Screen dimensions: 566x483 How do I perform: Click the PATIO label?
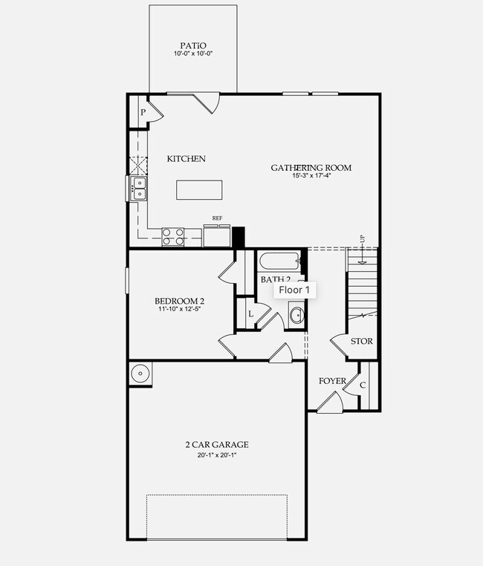(x=193, y=44)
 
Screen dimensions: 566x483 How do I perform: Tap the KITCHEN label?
(x=186, y=159)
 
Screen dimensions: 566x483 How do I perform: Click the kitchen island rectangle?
(x=201, y=189)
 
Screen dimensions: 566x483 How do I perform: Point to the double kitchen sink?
(x=139, y=189)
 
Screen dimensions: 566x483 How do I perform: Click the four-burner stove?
(x=173, y=236)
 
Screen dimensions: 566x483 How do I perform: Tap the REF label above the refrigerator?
(x=218, y=218)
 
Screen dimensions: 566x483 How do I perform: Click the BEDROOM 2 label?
(x=179, y=301)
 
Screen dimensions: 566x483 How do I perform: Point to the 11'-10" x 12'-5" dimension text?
(x=179, y=310)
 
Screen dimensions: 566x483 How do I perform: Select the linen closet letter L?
(x=250, y=315)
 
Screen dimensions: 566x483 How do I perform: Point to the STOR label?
(x=362, y=342)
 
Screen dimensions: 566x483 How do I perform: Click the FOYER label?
(x=332, y=381)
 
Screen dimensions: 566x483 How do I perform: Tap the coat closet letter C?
(x=363, y=385)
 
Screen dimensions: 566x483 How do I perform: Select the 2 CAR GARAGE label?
(x=217, y=445)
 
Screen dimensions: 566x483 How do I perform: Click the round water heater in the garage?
(x=140, y=374)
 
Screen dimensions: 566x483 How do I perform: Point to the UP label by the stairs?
(x=363, y=239)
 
